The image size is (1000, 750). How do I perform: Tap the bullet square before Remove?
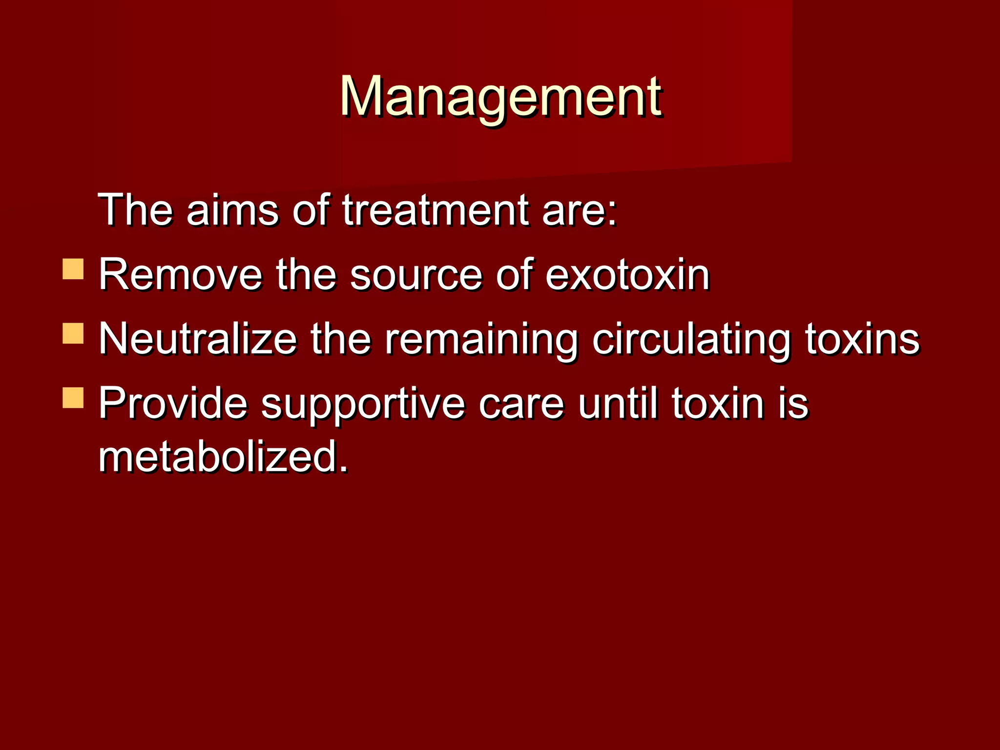point(73,269)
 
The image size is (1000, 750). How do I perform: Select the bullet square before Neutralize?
point(73,333)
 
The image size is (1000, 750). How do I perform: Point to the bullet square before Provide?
point(73,397)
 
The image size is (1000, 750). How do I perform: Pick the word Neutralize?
point(198,339)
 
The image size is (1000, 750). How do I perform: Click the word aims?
point(232,210)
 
